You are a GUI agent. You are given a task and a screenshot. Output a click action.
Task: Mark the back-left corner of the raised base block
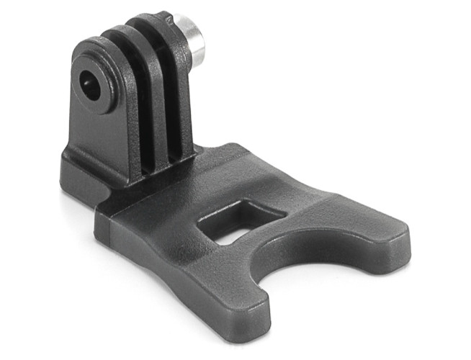(68, 151)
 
